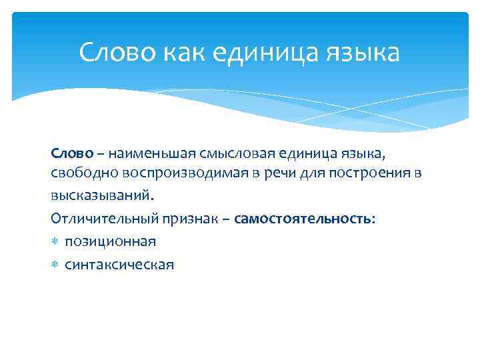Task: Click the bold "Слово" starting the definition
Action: [x=69, y=154]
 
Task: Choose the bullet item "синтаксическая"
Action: [x=119, y=265]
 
